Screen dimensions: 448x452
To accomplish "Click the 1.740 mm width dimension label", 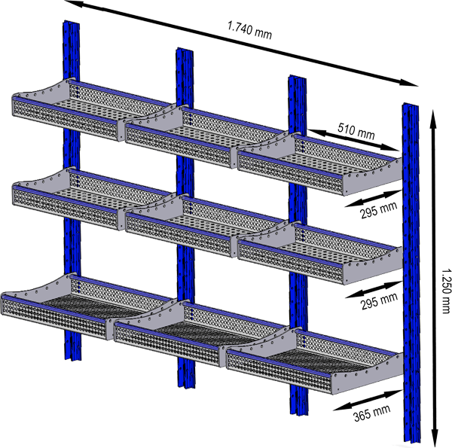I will pyautogui.click(x=249, y=34).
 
